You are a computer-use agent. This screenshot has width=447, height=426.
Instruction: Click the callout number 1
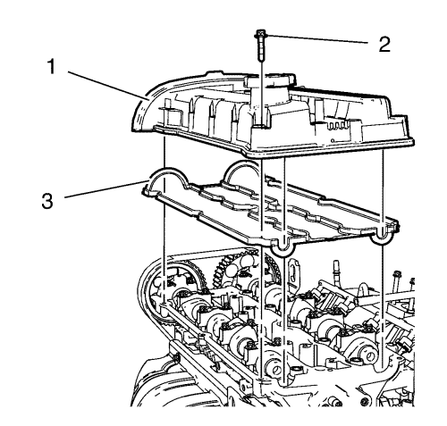52,66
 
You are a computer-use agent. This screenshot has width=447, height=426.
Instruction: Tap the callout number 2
384,45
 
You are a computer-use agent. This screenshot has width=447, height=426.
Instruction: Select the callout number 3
47,200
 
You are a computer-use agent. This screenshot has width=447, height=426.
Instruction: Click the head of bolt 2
261,34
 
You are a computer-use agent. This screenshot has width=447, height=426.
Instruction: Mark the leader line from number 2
316,39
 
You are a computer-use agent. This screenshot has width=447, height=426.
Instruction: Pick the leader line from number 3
105,188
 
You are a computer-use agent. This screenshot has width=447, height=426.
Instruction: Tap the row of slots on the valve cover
336,125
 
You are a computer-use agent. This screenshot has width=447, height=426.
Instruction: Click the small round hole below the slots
333,140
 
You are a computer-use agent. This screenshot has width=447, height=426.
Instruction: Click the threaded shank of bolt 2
261,49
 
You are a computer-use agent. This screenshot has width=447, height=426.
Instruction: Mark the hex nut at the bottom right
364,403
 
